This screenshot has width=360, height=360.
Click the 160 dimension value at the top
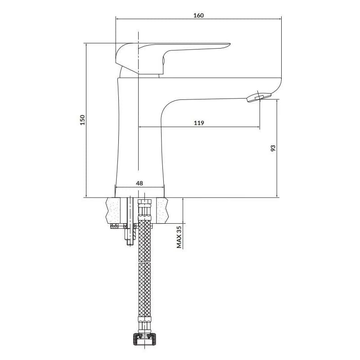[x=198, y=15]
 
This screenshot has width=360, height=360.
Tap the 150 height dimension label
[x=82, y=120]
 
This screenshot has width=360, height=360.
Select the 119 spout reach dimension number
[x=199, y=123]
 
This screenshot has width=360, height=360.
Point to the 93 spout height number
[x=273, y=148]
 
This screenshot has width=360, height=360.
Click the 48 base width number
[x=139, y=183]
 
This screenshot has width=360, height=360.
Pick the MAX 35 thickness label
[x=179, y=237]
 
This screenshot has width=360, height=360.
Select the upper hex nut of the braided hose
[x=144, y=207]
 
